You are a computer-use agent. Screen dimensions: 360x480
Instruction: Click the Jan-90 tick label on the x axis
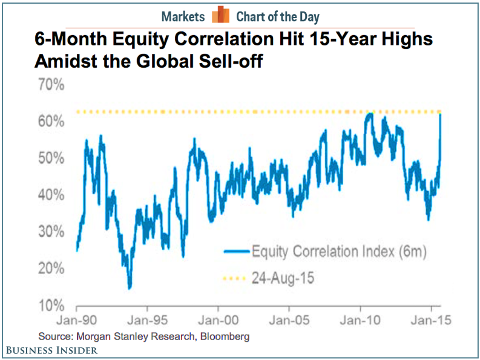[79, 319]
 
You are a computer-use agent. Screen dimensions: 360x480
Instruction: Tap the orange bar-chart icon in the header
[221, 16]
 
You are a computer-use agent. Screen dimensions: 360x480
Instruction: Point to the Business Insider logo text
[53, 350]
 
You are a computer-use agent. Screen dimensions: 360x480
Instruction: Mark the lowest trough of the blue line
[130, 287]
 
